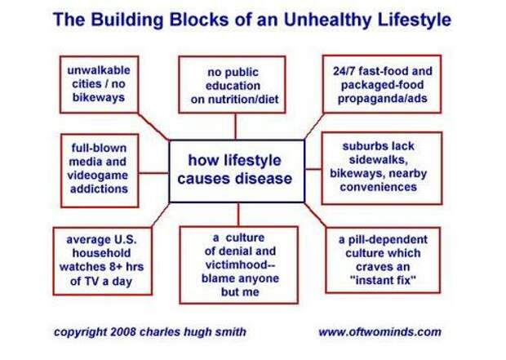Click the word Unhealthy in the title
pyautogui.click(x=327, y=20)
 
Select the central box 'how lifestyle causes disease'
pyautogui.click(x=237, y=171)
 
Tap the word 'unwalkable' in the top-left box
pyautogui.click(x=99, y=70)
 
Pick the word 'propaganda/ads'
pyautogui.click(x=383, y=99)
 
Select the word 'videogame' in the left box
pyautogui.click(x=98, y=176)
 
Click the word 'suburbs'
pyautogui.click(x=360, y=146)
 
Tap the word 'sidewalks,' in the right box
pyautogui.click(x=376, y=160)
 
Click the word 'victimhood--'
pyautogui.click(x=240, y=264)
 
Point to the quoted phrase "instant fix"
pyautogui.click(x=383, y=280)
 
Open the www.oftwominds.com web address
pyautogui.click(x=379, y=332)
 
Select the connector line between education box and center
pyautogui.click(x=235, y=127)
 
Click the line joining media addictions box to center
pyautogui.click(x=153, y=173)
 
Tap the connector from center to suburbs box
pyautogui.click(x=313, y=169)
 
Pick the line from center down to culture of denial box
pyautogui.click(x=238, y=215)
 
